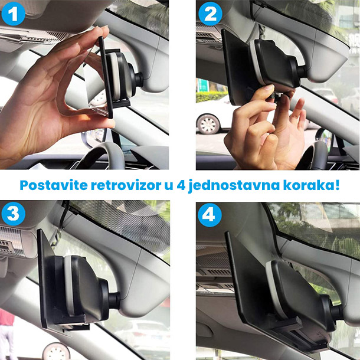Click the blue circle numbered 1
[14, 14]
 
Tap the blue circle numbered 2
[210, 14]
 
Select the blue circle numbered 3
[14, 214]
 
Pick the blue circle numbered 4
[210, 215]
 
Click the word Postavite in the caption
[54, 185]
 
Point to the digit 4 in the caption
[181, 185]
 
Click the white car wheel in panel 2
[208, 124]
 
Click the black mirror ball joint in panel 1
[137, 78]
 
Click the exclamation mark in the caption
[337, 185]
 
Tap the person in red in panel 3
[6, 333]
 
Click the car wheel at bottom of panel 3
[56, 351]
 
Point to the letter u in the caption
[169, 186]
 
